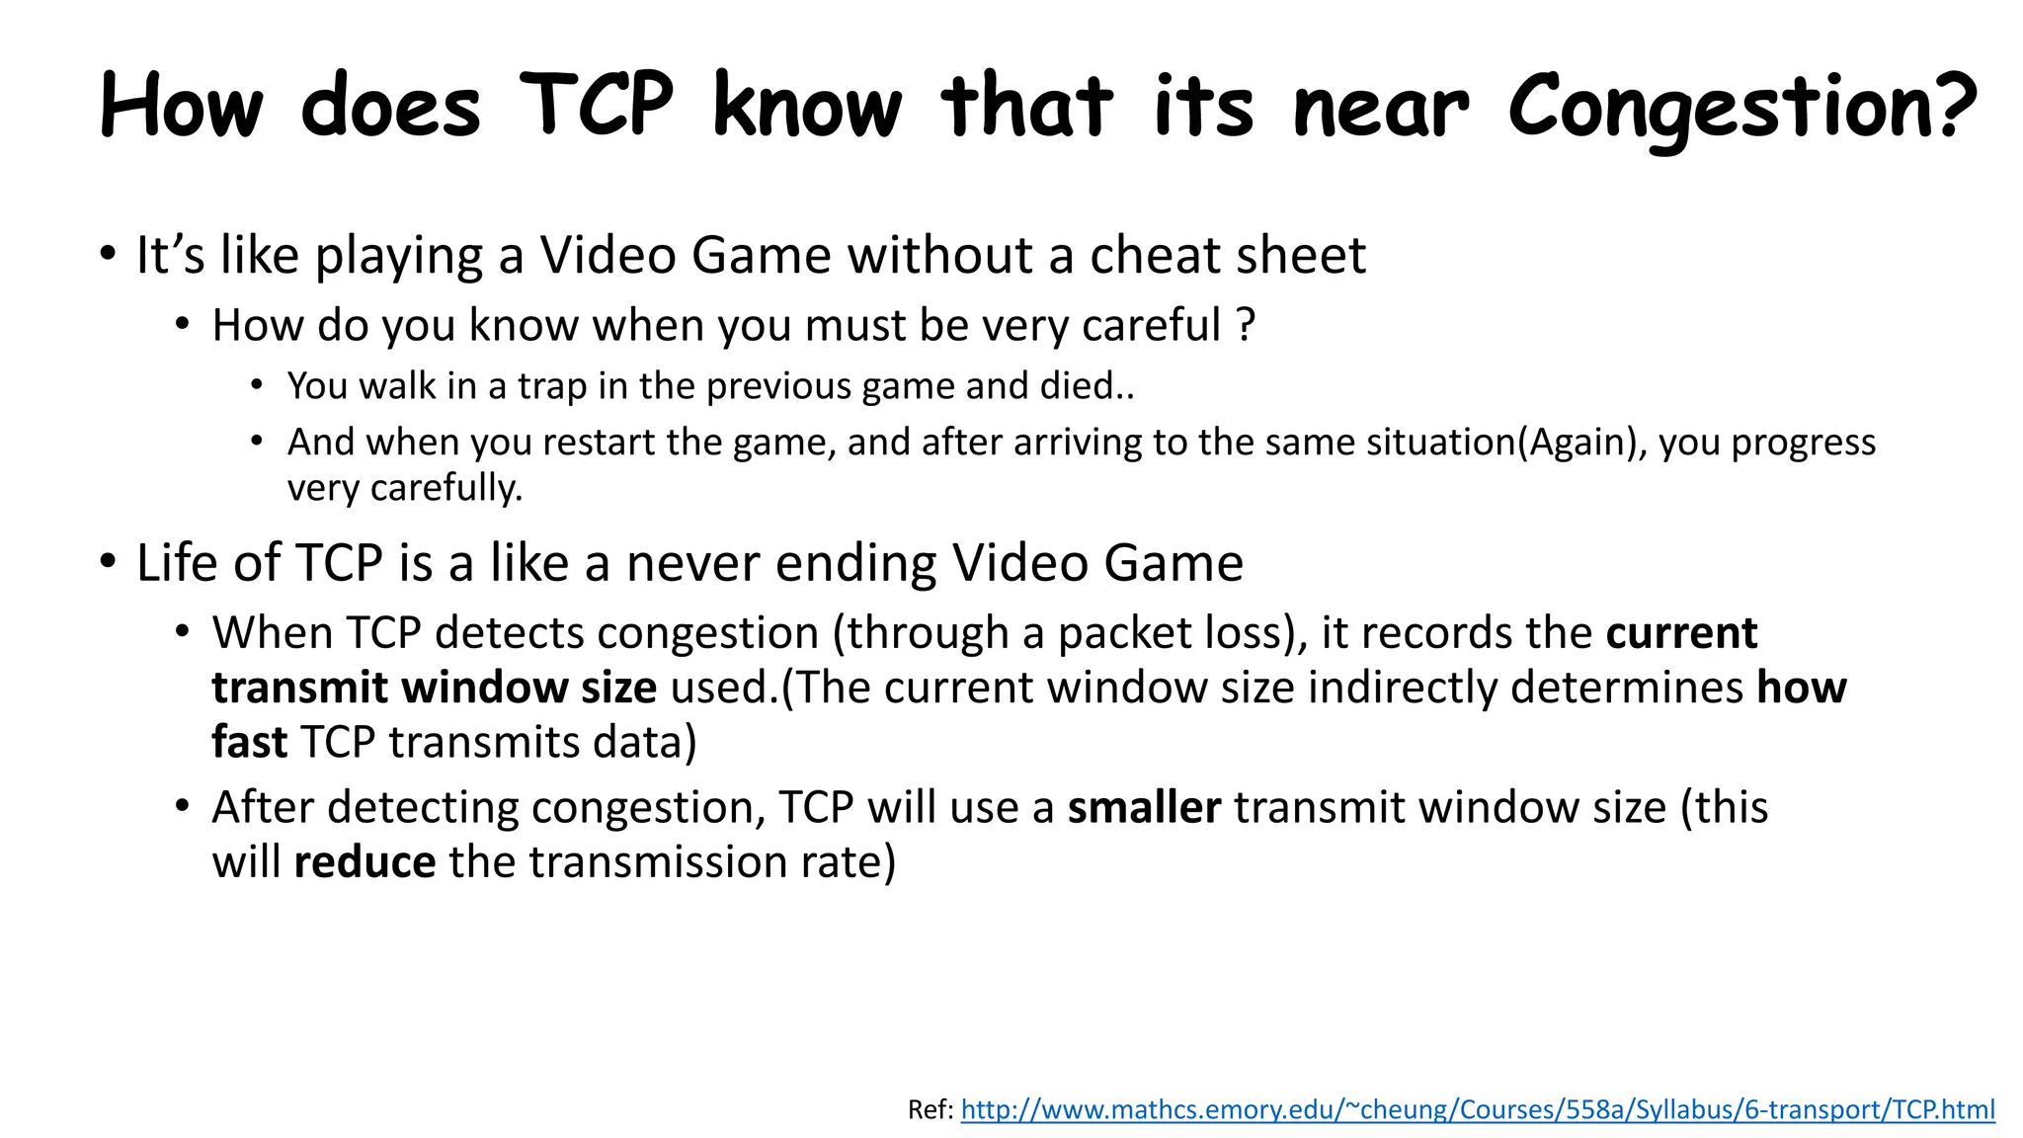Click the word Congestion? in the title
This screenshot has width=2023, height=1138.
(1741, 107)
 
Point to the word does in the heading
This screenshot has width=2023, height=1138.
(390, 107)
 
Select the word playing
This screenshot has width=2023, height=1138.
(398, 257)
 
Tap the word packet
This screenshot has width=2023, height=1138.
(1118, 633)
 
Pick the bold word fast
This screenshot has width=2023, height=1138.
(249, 743)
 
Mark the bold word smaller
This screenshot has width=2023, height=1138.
(1144, 808)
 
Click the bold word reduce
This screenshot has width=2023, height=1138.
(364, 862)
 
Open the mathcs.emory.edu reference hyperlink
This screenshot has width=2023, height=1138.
(1477, 1109)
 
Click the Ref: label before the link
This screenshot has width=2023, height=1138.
(931, 1109)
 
